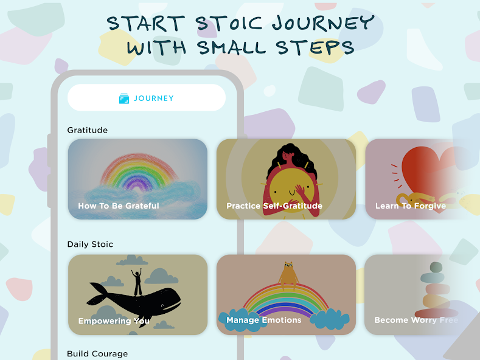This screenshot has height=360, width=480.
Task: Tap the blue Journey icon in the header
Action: tap(124, 99)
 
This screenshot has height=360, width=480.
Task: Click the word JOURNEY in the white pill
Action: tap(154, 99)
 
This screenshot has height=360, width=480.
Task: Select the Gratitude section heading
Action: tap(88, 130)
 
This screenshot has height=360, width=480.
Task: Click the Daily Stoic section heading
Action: tap(90, 244)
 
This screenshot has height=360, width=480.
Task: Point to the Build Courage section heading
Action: tap(97, 353)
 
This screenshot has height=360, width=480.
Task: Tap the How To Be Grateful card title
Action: tap(119, 206)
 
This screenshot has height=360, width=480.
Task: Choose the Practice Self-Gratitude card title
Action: tap(274, 206)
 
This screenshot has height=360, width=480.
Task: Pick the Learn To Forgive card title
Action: tap(411, 206)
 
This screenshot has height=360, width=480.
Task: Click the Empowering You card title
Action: tap(114, 321)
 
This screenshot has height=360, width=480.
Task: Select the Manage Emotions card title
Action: tap(264, 320)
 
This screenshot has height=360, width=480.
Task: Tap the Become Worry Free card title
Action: tap(416, 320)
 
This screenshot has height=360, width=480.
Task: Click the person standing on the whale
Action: tap(137, 282)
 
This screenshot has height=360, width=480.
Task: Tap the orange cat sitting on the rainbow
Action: tap(288, 275)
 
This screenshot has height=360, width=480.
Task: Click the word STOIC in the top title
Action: tap(229, 23)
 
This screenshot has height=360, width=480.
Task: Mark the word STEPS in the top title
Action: tap(315, 47)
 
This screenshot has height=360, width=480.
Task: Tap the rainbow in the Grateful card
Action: tap(138, 162)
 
